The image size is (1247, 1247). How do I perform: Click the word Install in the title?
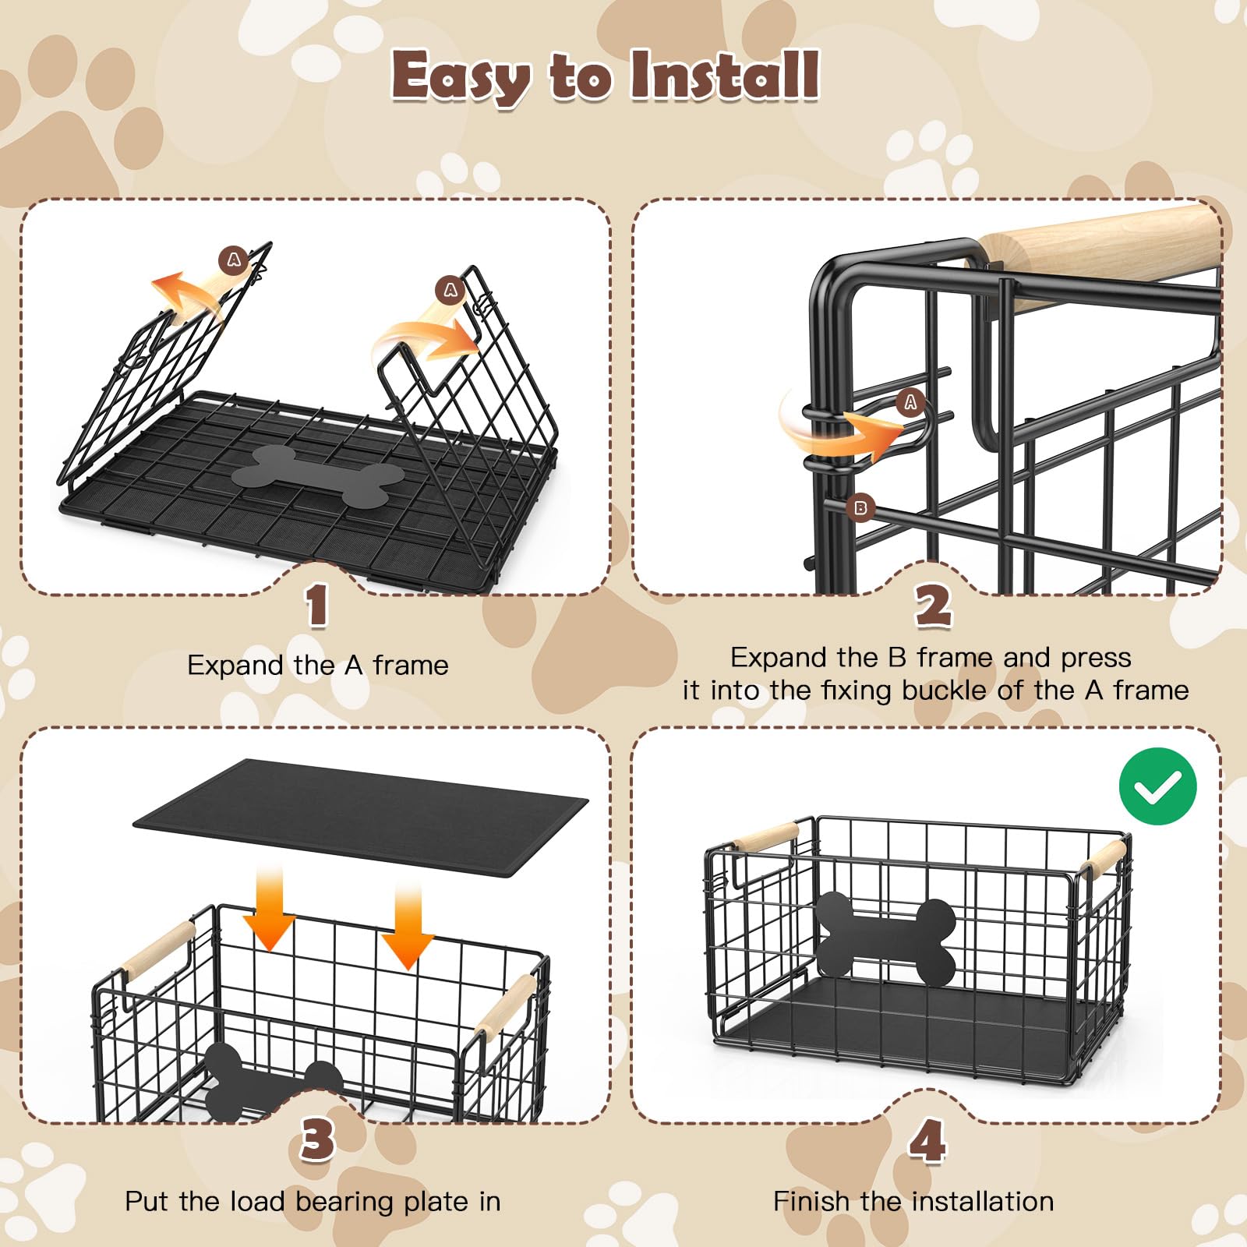point(725,75)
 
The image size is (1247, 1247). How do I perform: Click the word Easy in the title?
point(461,78)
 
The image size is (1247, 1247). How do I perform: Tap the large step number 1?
point(316,606)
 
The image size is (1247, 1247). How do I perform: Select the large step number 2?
point(933,606)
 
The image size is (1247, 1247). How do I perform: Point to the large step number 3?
point(318,1139)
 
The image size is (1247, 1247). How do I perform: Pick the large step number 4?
point(927,1140)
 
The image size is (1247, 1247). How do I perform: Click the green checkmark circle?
point(1157,786)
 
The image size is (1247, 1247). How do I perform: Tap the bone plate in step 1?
point(318,475)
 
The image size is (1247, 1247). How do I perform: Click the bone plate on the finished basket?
point(885,938)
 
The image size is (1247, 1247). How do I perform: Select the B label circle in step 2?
point(860,508)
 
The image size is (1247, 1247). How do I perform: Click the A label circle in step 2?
point(910,402)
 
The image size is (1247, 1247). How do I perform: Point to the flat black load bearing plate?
point(361,818)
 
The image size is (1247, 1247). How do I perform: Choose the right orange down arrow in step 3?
point(407,925)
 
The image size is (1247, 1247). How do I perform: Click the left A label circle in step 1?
point(234,260)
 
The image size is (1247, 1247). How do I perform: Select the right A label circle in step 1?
point(450,290)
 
